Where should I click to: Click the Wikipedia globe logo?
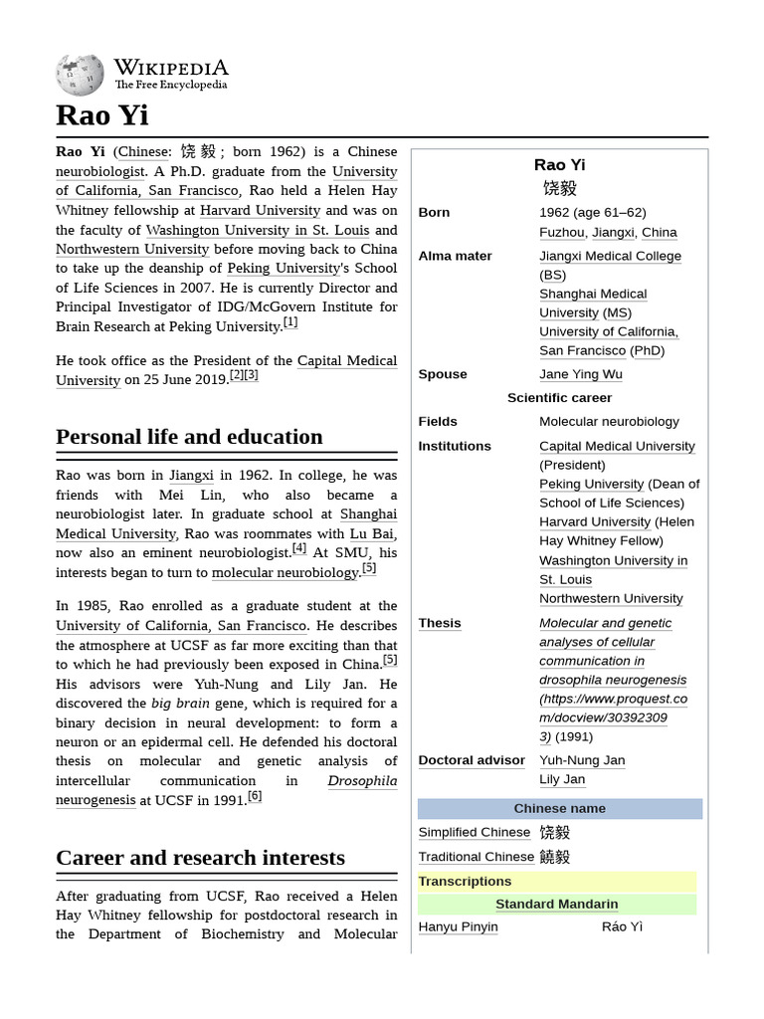click(80, 75)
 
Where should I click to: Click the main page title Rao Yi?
click(102, 115)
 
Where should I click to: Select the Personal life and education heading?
click(189, 437)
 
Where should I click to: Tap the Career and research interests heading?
click(200, 858)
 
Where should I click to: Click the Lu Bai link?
click(372, 533)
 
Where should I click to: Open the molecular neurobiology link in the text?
click(285, 572)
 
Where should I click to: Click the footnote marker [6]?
click(255, 796)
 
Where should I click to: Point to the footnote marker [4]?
click(298, 548)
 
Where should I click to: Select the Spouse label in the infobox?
click(443, 374)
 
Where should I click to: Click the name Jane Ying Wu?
click(581, 374)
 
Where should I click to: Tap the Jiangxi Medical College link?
click(610, 256)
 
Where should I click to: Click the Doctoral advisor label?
click(472, 760)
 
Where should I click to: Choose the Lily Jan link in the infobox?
click(562, 779)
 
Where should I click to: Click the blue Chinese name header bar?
click(559, 808)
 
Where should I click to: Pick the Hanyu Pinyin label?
click(458, 926)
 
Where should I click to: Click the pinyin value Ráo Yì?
click(622, 926)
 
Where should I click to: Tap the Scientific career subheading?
click(559, 397)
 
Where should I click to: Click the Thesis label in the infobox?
click(440, 623)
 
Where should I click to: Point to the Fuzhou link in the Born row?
click(561, 232)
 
